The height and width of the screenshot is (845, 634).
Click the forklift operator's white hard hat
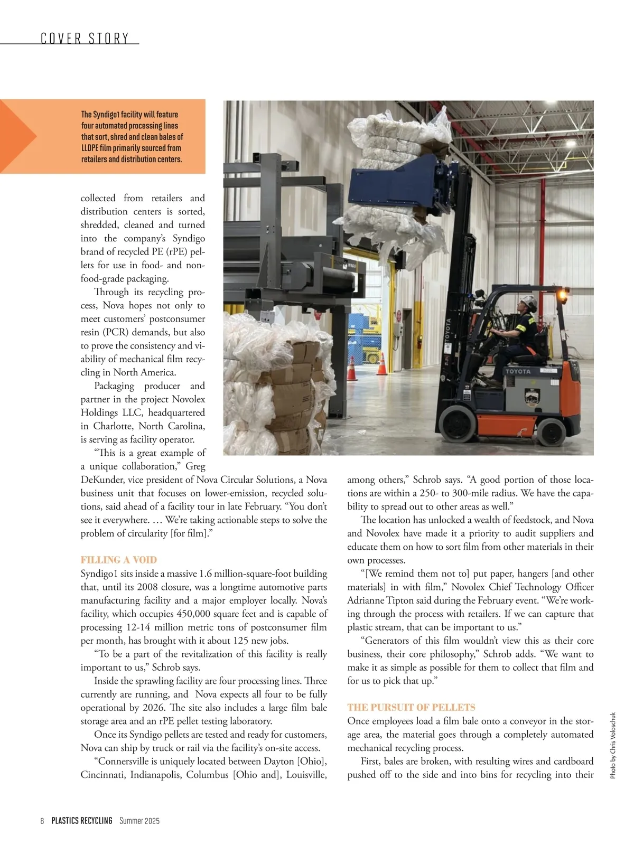pyautogui.click(x=528, y=303)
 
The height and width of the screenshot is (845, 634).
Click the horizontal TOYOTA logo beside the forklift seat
pyautogui.click(x=518, y=371)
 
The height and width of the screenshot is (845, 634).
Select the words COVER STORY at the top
pyautogui.click(x=85, y=39)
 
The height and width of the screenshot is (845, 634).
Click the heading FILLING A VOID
pyautogui.click(x=119, y=560)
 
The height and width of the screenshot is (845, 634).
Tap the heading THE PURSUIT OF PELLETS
pyautogui.click(x=411, y=707)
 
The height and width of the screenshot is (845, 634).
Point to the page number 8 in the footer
pyautogui.click(x=42, y=821)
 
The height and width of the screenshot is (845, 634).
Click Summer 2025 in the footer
pyautogui.click(x=139, y=821)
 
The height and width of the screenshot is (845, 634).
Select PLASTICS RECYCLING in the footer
pyautogui.click(x=82, y=821)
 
